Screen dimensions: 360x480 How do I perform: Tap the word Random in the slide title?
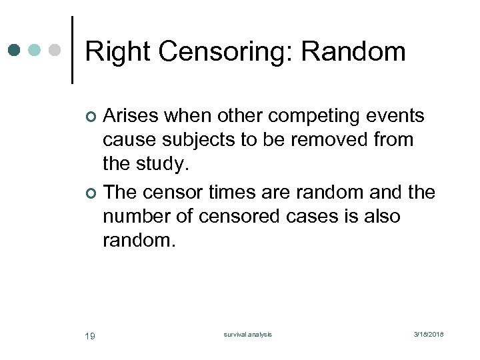pos(365,52)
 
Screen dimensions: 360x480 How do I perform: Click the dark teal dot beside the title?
pos(15,50)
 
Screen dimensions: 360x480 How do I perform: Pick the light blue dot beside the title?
pos(35,50)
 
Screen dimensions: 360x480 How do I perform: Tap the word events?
pos(396,116)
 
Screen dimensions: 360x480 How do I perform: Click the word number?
pos(136,217)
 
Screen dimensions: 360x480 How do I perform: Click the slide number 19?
pos(90,335)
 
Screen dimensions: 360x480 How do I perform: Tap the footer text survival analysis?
pos(247,335)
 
